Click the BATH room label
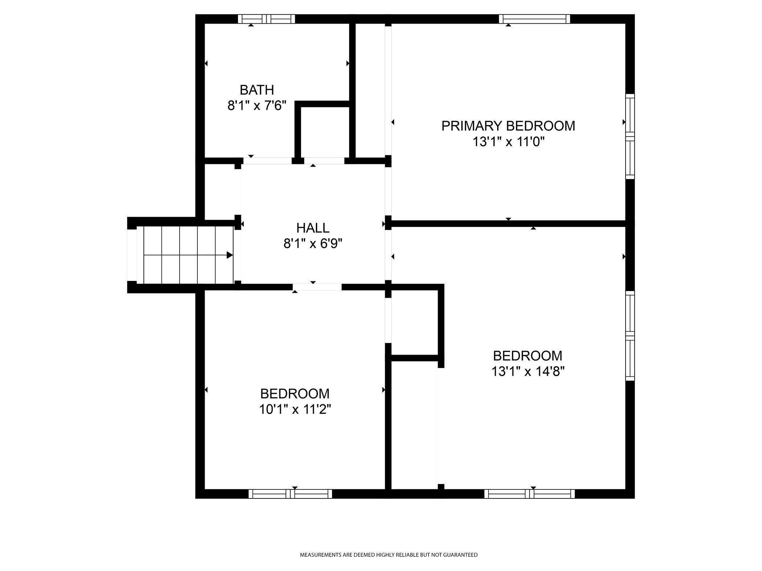point(257,90)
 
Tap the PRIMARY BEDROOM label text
point(508,126)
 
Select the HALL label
point(313,228)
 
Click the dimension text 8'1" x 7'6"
point(257,106)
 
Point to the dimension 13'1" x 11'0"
point(508,142)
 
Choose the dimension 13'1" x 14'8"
point(528,372)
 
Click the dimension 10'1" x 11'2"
point(295,409)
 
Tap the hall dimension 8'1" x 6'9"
point(313,244)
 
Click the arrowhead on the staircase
point(229,255)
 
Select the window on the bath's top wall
point(266,19)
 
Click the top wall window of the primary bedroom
point(534,19)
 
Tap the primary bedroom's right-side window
point(630,136)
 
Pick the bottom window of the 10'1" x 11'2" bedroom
point(290,494)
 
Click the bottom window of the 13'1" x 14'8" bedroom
point(529,494)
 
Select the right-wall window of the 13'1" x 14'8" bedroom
point(630,336)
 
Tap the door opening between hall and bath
point(267,161)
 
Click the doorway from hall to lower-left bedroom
point(317,287)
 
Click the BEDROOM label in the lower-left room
point(295,393)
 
